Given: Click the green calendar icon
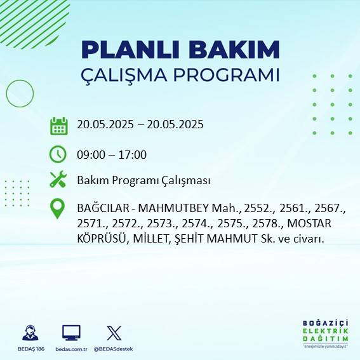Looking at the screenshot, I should tap(58, 125).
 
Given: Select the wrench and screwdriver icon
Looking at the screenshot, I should tap(58, 180).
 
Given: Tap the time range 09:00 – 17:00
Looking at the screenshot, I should tap(112, 154).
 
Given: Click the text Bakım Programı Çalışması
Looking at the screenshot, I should tap(143, 181).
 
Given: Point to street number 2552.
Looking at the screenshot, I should tap(245, 208).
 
